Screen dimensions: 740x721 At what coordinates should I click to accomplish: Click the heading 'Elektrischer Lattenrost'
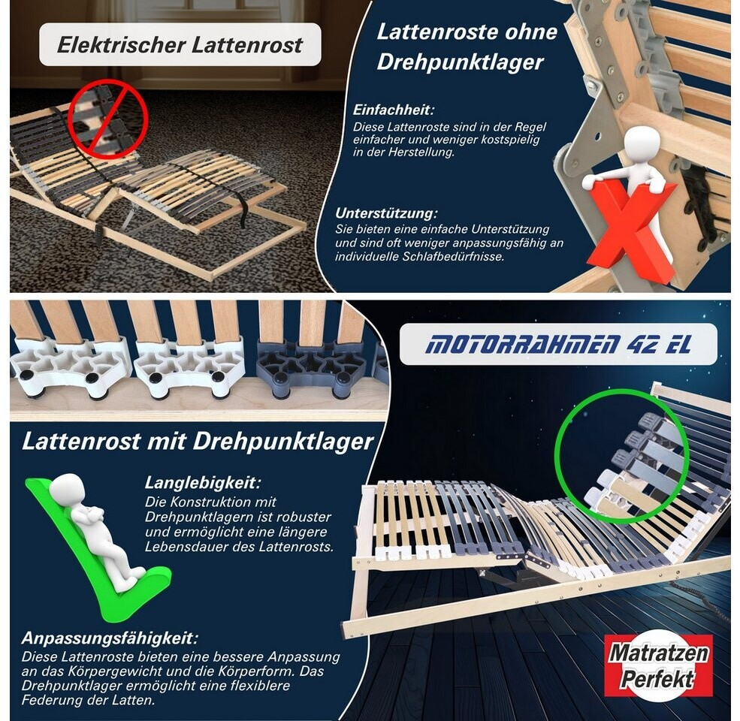(x=180, y=45)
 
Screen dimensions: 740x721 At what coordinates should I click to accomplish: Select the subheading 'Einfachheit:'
(x=393, y=110)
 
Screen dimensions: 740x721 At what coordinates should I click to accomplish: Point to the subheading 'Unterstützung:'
(x=386, y=213)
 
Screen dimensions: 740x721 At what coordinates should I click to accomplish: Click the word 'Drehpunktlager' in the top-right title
(x=460, y=62)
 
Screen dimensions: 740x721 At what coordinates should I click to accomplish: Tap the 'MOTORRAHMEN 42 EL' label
(x=558, y=345)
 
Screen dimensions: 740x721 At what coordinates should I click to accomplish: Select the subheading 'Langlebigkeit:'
(x=202, y=483)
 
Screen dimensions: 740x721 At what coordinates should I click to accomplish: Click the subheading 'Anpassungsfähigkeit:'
(x=110, y=638)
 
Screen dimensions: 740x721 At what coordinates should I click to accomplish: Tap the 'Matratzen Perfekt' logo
(x=658, y=665)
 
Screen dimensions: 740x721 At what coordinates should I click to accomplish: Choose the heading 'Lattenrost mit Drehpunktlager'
(x=198, y=442)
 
